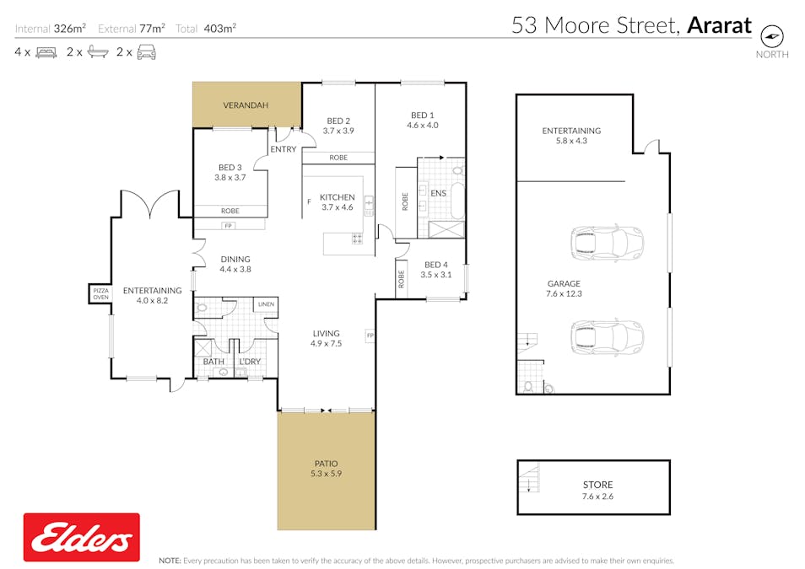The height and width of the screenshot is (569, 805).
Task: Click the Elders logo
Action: click(x=82, y=537)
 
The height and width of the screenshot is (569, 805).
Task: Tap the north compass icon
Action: click(x=771, y=36)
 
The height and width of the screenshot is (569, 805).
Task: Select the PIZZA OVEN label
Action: click(x=100, y=294)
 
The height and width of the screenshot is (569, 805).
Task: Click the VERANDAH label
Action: click(x=246, y=105)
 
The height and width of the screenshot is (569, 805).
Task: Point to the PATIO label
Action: click(x=326, y=464)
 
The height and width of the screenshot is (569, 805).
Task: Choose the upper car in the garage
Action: click(x=607, y=244)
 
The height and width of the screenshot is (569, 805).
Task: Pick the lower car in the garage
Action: click(x=607, y=337)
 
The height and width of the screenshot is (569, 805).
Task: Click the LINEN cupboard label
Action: click(x=266, y=304)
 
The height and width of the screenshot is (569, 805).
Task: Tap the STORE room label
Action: click(x=597, y=485)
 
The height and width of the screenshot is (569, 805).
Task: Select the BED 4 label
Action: click(x=436, y=265)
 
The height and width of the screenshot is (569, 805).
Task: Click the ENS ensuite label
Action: click(x=438, y=193)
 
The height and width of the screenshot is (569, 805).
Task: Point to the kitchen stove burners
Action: click(x=357, y=239)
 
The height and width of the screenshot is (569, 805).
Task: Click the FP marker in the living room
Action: click(x=370, y=335)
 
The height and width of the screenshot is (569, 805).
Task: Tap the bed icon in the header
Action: click(x=46, y=52)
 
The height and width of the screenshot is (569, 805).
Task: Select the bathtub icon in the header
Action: click(x=98, y=51)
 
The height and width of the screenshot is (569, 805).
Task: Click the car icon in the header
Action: click(x=146, y=51)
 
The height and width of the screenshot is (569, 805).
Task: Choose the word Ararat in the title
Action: click(x=719, y=25)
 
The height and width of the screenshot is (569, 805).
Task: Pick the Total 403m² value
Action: click(x=219, y=28)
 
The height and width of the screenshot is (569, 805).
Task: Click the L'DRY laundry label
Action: click(x=250, y=361)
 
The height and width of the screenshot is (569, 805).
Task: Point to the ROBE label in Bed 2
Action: click(x=338, y=158)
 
